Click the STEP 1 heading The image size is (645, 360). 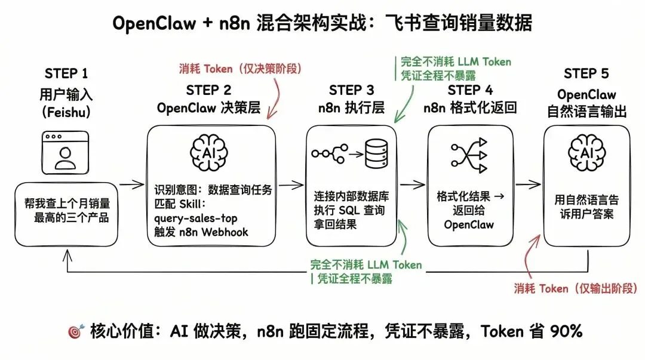pyautogui.click(x=66, y=74)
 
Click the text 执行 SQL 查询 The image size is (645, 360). pyautogui.click(x=349, y=210)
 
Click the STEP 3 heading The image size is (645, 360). pyautogui.click(x=351, y=90)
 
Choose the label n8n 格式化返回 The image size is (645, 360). pyautogui.click(x=469, y=108)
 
